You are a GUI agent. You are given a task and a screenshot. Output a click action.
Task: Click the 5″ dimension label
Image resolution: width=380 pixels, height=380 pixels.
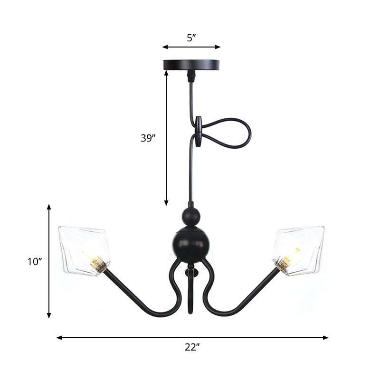(x=191, y=38)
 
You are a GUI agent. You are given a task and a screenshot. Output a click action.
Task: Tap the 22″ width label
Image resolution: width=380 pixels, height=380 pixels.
(x=191, y=347)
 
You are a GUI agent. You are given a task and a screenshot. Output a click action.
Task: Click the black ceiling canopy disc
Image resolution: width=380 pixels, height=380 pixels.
(x=191, y=64)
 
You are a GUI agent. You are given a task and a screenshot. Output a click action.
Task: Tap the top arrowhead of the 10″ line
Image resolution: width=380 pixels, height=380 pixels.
(x=49, y=207)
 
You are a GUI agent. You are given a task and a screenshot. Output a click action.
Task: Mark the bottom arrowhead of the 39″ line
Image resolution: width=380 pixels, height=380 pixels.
(x=166, y=203)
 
